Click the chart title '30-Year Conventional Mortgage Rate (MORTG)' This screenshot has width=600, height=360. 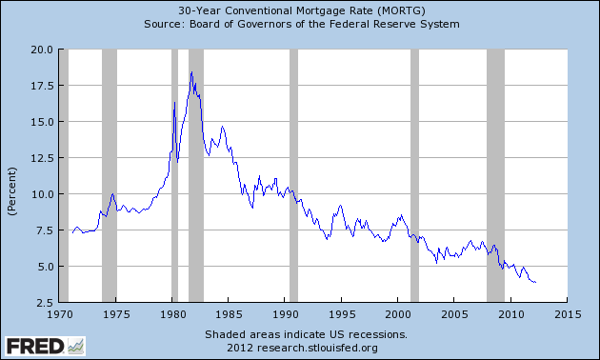point(300,10)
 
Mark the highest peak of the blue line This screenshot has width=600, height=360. point(191,72)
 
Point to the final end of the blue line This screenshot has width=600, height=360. point(536,283)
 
